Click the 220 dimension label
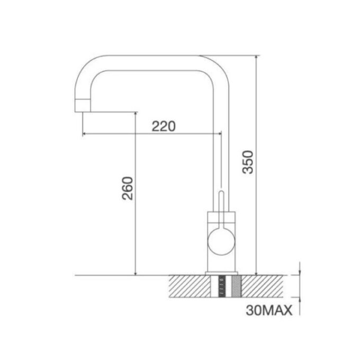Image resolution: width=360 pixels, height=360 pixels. [164, 125]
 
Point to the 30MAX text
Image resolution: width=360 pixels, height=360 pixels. [269, 310]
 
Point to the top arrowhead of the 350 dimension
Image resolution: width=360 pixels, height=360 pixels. [256, 58]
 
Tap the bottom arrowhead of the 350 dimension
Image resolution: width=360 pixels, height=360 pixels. [256, 272]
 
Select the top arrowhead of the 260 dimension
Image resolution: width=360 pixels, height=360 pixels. [136, 115]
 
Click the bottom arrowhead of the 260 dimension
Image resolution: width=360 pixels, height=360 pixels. [136, 272]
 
